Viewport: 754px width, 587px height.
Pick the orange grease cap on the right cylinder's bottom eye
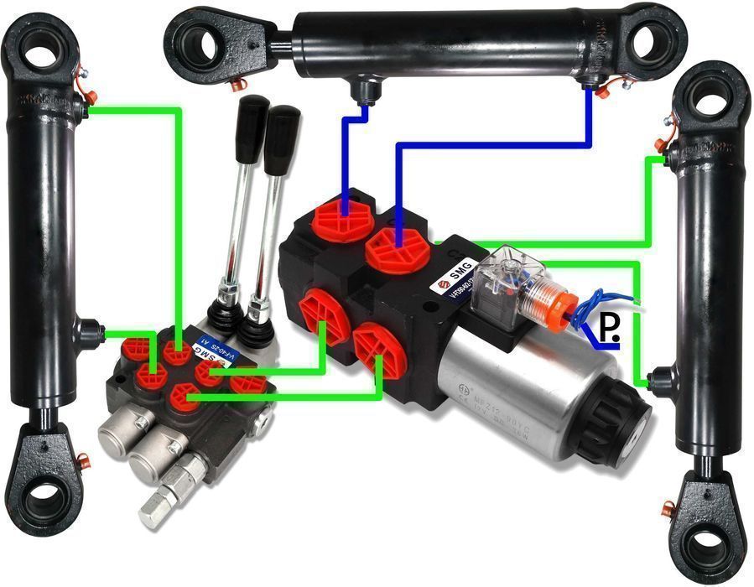click(x=668, y=509)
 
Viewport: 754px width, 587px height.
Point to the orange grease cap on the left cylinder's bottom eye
click(x=82, y=460)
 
